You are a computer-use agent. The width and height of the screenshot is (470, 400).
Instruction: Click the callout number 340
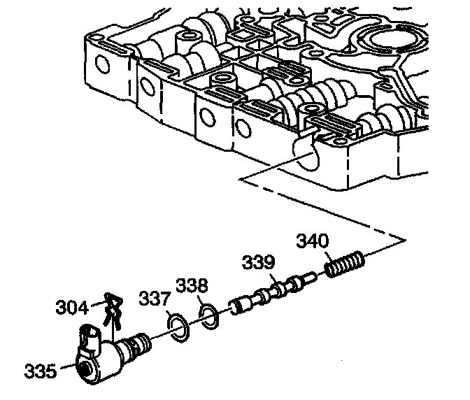[x=310, y=241]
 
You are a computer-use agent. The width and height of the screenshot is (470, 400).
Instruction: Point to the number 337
[x=154, y=300]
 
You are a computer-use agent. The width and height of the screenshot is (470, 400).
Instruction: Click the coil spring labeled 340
[x=345, y=266]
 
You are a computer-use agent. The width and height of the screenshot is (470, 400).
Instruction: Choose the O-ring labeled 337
[x=178, y=327]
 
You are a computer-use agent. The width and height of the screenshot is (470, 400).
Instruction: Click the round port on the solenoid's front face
[x=86, y=369]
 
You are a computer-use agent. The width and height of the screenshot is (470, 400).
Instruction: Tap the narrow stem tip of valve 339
[x=311, y=278]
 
